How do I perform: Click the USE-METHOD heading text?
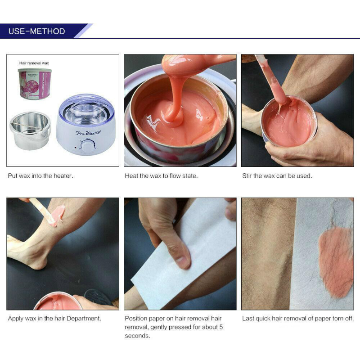[x=37, y=31]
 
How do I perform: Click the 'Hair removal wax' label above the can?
[x=34, y=63]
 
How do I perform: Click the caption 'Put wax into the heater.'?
[x=40, y=176]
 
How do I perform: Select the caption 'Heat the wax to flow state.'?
[x=161, y=176]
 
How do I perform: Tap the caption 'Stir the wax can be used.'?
[x=277, y=176]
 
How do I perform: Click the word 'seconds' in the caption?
[x=137, y=336]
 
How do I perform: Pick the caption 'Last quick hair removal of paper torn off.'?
[x=298, y=319]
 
